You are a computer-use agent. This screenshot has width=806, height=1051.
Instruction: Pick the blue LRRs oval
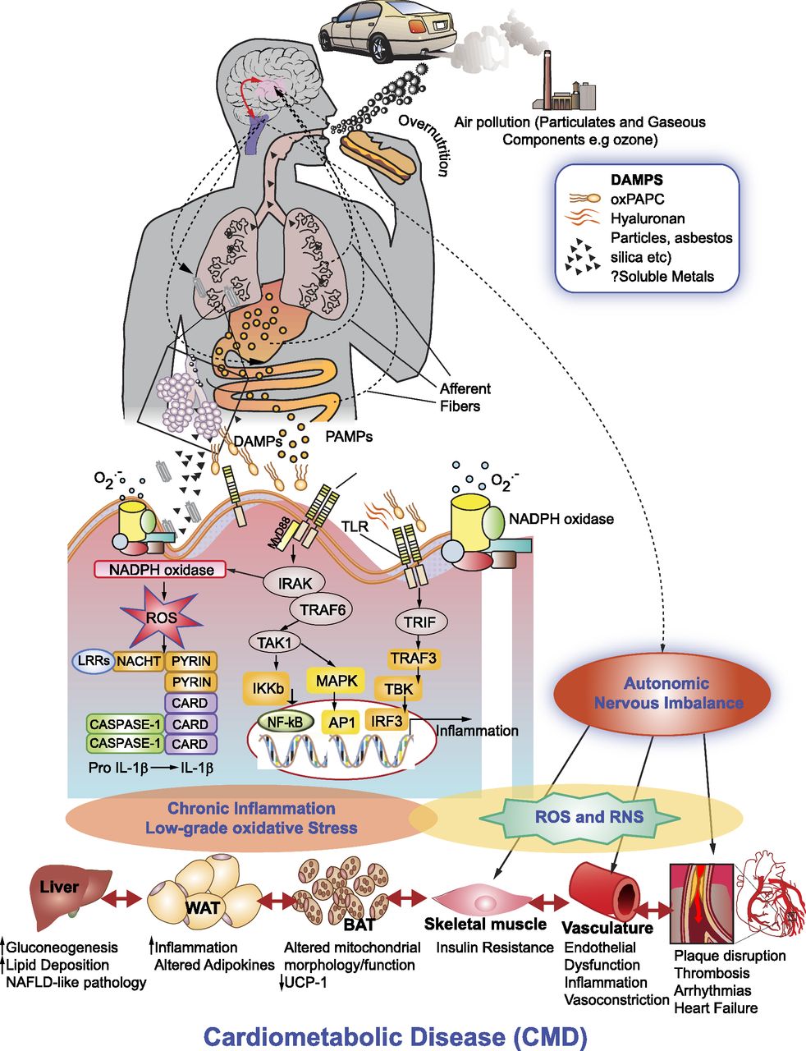(91, 660)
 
